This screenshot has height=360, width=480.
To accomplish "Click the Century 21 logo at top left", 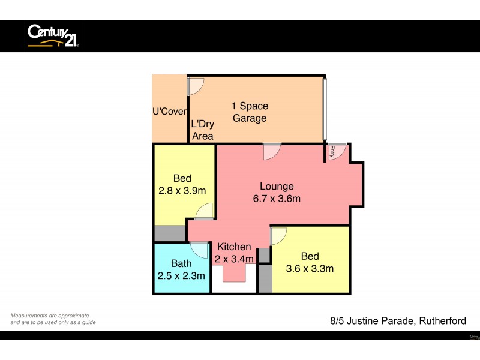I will point(53,35).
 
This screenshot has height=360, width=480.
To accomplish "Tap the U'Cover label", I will point(170,112).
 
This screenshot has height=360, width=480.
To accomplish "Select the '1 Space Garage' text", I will point(250,112).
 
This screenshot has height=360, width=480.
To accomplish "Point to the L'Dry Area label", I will point(202,130).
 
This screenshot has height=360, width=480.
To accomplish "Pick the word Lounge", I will point(277,186).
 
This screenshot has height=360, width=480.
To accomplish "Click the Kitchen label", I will point(234,247).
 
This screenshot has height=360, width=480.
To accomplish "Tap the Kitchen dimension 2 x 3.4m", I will point(235,259).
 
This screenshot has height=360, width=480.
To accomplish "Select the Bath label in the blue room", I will point(181,263).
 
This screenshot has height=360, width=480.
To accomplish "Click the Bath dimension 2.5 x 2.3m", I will point(182,276).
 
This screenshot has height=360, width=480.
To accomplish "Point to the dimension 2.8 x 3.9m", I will point(182,191).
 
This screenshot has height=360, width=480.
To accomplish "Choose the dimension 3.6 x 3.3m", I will point(310,268).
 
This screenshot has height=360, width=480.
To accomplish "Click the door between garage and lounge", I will point(271,151).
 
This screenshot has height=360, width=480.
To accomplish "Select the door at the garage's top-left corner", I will point(195,87).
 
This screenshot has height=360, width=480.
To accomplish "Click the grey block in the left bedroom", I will point(169,233).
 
